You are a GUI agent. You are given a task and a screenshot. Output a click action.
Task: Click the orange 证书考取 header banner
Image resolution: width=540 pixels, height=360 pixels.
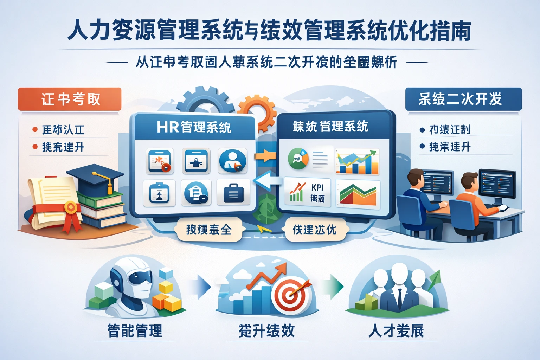[x=70, y=99]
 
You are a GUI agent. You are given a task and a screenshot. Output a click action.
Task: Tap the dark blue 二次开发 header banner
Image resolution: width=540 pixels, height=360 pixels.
[x=463, y=99]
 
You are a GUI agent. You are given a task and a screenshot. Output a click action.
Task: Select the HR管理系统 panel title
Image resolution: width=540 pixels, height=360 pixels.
[x=194, y=127]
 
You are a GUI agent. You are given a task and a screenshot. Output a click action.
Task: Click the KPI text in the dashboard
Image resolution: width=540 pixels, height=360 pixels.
[x=317, y=188]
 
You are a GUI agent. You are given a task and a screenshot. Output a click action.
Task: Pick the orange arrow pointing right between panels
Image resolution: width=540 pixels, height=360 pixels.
[x=265, y=155]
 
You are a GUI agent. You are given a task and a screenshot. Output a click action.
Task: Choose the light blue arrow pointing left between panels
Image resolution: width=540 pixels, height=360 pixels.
[x=267, y=180]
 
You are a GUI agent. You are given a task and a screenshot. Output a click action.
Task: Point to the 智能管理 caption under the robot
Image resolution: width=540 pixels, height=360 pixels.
[x=135, y=331]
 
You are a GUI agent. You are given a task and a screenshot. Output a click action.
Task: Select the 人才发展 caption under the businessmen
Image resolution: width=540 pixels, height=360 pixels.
[x=396, y=331]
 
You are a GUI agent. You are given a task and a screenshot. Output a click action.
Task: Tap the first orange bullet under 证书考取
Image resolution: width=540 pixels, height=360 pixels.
[x=35, y=129]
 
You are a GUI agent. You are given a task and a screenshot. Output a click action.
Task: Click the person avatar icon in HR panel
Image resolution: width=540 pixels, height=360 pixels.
[x=232, y=161]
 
